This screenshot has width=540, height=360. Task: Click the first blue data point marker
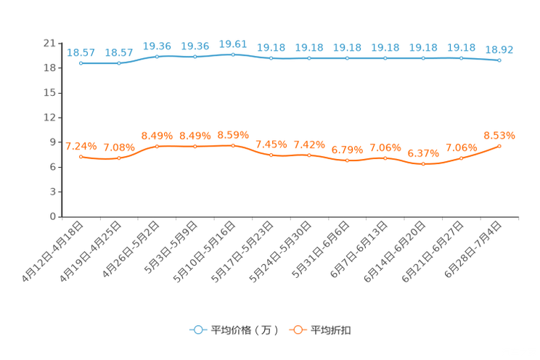pos(81,63)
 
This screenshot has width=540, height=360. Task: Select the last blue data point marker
pos(499,61)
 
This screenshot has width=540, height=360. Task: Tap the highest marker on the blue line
pos(233,54)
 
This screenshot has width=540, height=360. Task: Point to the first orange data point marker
pos(81,156)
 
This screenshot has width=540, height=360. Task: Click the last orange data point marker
pos(499,146)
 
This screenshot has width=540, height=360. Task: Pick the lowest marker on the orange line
pos(423,164)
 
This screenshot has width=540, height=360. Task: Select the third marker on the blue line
pos(157,56)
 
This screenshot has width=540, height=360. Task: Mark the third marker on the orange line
pos(157,146)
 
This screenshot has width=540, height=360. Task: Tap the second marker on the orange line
pos(119,157)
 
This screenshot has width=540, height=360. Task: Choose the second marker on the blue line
pos(119,63)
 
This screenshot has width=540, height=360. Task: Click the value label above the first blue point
pos(81,52)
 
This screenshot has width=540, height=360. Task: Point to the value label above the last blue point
pos(499,49)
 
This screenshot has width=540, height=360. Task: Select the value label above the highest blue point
pos(233,44)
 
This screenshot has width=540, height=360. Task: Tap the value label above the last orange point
pos(499,135)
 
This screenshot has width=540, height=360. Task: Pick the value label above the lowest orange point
pos(423,153)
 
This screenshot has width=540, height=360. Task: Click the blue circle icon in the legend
pos(198,330)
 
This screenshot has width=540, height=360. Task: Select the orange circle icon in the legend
pos(297,330)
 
